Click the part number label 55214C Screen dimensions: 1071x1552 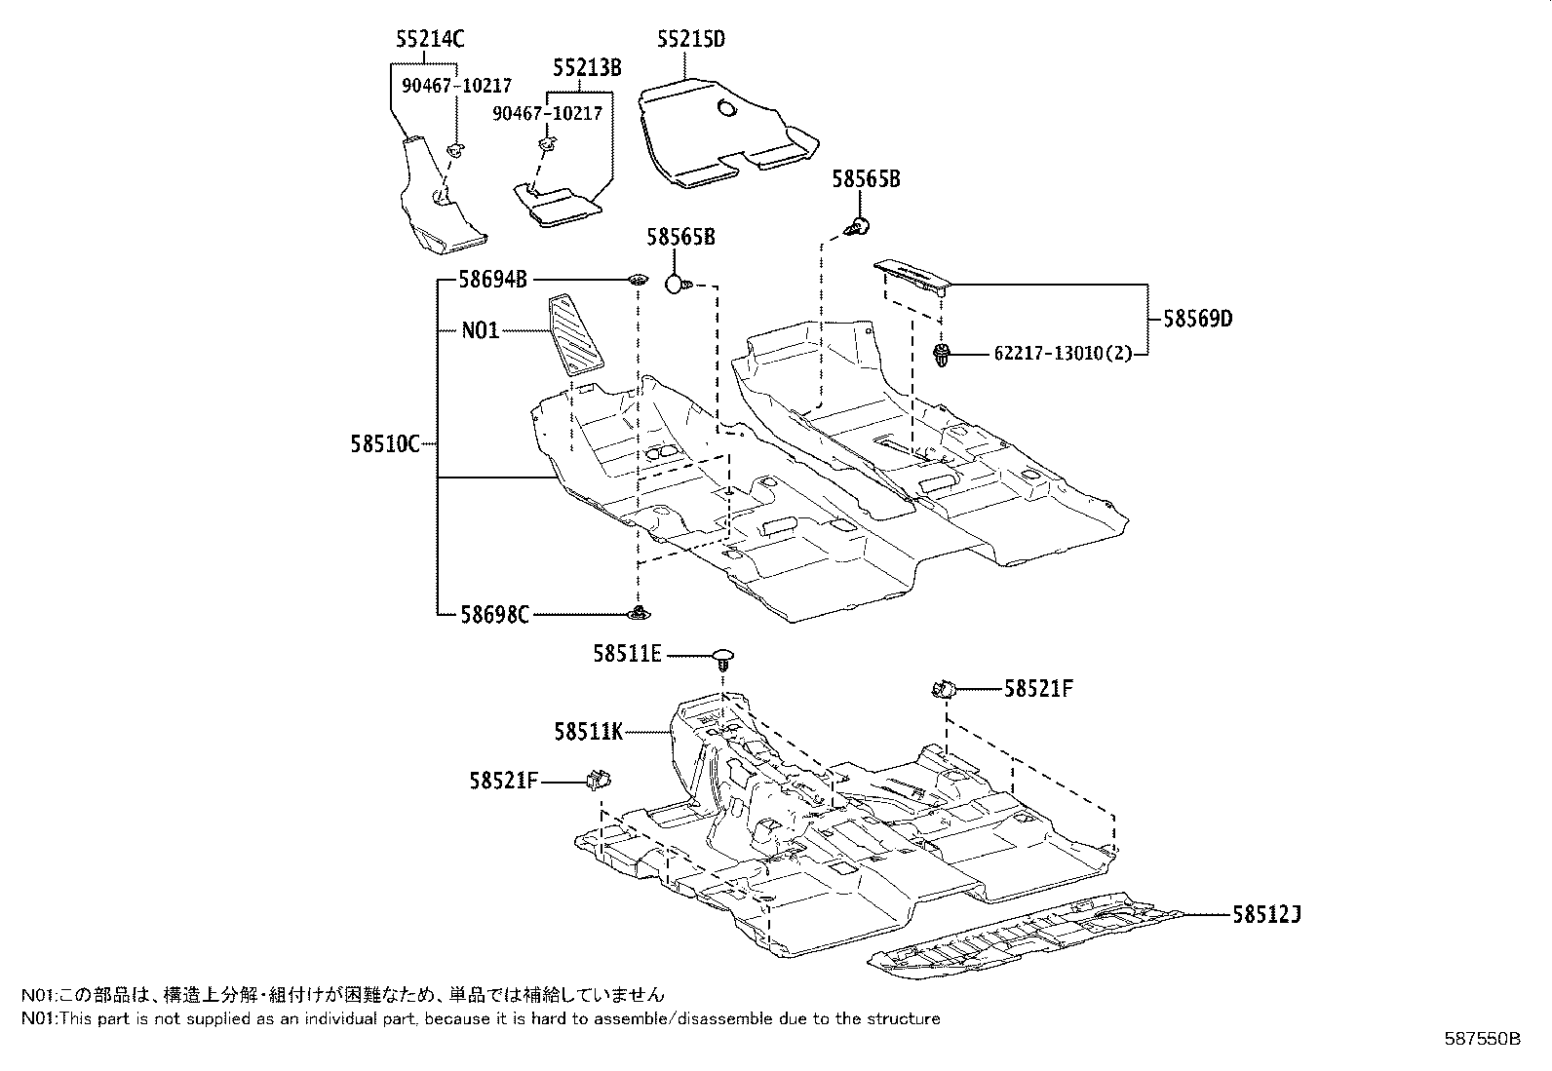coord(430,39)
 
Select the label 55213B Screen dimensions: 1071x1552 coord(587,67)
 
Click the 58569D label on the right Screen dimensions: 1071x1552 coord(1197,319)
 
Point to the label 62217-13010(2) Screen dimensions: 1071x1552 coord(1063,354)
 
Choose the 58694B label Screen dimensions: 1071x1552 coord(493,281)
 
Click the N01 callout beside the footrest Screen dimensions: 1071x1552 coord(480,330)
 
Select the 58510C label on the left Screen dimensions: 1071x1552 coord(384,444)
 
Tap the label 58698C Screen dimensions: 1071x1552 coord(495,615)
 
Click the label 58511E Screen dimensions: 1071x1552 coord(627,655)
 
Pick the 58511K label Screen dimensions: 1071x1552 coord(588,730)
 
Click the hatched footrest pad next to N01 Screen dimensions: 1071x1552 coord(575,340)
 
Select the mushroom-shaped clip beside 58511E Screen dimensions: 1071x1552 coord(722,658)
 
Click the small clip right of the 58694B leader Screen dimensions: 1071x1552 coord(638,281)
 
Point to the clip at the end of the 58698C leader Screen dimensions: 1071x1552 coord(639,613)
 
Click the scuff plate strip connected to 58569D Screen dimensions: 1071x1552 coord(912,276)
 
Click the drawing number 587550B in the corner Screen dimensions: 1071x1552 coord(1481,1039)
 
